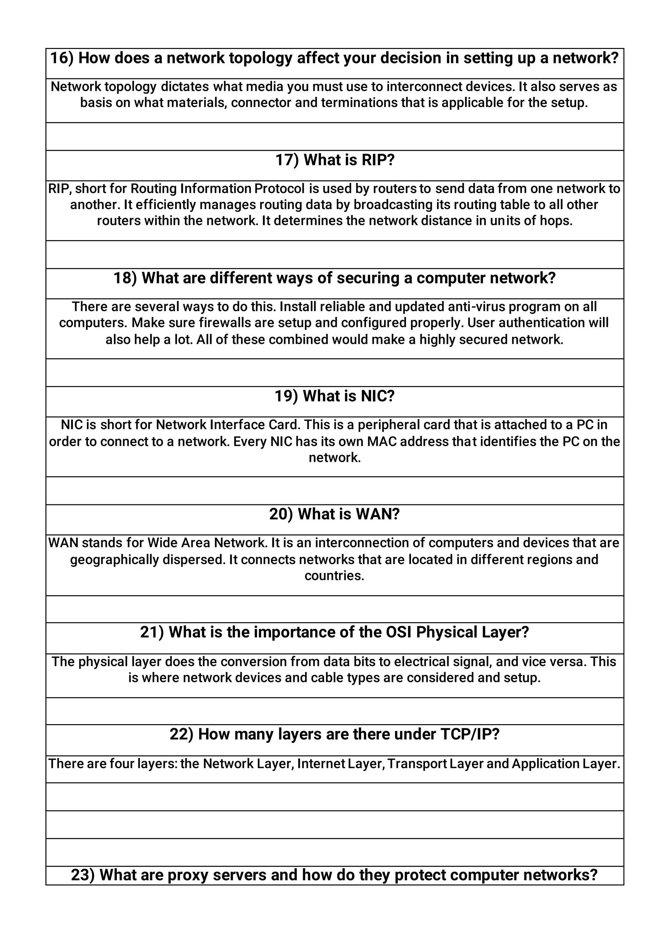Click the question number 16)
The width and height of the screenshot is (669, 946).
[62, 58]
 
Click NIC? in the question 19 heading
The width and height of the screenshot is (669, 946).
[378, 396]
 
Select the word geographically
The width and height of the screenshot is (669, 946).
[114, 560]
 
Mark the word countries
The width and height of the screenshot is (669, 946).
[334, 576]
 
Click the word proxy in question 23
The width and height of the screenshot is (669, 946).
[188, 874]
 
